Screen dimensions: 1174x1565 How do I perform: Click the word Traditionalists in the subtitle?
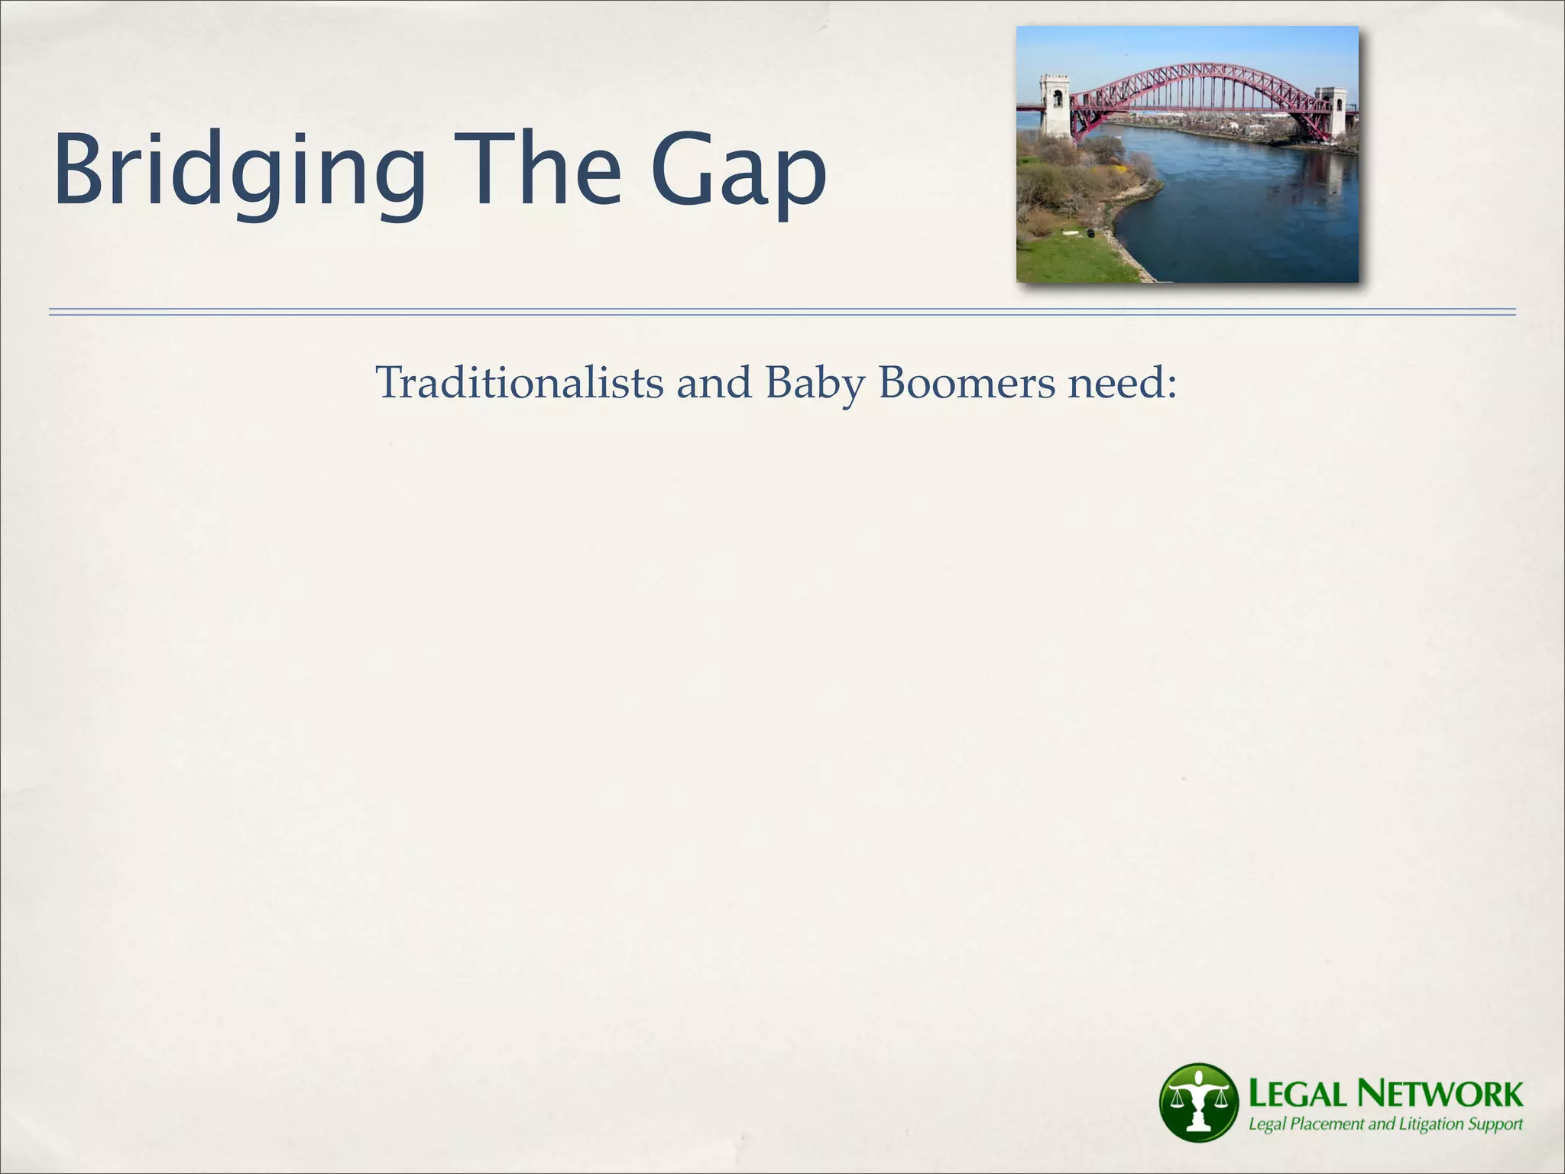(520, 382)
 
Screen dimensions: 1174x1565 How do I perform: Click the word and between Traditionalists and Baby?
(714, 382)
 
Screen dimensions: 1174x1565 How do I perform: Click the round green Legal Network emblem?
(1199, 1102)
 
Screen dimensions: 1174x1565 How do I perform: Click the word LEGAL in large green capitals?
(1298, 1095)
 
